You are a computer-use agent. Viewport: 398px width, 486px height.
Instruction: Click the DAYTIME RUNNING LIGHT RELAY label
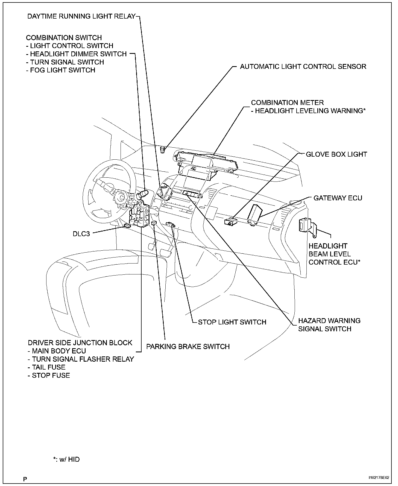click(81, 16)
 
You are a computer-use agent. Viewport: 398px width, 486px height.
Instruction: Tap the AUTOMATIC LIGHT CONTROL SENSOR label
click(303, 66)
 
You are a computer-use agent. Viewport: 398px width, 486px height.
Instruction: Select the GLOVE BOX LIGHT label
click(336, 154)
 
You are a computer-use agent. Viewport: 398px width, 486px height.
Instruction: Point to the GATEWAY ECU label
click(338, 198)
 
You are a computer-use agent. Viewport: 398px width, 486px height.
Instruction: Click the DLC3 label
click(81, 234)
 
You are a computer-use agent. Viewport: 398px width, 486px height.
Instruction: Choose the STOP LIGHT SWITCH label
click(232, 322)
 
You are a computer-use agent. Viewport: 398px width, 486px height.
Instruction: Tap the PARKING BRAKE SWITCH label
click(188, 347)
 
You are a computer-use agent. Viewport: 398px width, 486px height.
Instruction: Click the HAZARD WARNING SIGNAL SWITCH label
click(329, 325)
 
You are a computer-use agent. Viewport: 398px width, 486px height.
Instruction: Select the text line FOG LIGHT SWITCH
click(61, 70)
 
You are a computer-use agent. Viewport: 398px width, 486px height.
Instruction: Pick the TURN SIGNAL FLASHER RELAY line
click(81, 359)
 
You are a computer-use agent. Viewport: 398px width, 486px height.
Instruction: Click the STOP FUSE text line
click(49, 376)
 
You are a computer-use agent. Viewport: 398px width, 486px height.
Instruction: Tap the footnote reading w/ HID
click(66, 459)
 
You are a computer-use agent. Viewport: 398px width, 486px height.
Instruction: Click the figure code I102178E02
click(378, 478)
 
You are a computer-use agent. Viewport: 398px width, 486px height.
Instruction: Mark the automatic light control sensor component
click(163, 150)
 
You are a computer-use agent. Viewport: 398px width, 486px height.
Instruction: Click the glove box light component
click(230, 222)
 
